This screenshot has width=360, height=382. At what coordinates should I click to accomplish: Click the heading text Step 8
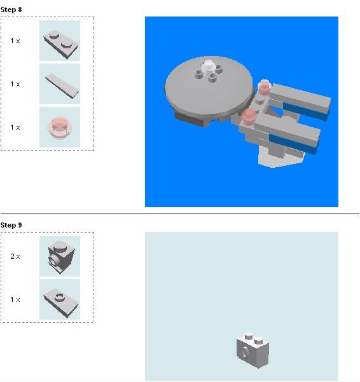click(11, 10)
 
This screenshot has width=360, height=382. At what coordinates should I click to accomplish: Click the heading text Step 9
click(11, 225)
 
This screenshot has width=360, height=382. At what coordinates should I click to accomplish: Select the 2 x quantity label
click(15, 256)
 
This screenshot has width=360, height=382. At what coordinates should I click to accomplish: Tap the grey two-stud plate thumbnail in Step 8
click(60, 41)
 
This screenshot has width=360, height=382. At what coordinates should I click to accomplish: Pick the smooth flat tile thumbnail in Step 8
click(60, 84)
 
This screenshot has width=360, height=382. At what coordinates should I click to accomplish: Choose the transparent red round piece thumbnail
click(60, 127)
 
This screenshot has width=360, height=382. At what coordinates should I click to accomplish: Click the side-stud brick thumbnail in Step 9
click(60, 256)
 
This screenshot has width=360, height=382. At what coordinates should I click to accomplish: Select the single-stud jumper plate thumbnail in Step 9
click(60, 299)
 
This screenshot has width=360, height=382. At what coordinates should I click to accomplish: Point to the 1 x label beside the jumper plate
click(15, 299)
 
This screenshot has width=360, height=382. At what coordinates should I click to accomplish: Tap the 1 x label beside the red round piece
click(15, 127)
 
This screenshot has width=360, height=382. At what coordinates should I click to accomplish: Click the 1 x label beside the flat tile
click(15, 84)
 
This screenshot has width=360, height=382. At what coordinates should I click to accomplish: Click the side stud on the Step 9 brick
click(245, 350)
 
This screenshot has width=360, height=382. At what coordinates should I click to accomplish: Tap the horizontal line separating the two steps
click(179, 214)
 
